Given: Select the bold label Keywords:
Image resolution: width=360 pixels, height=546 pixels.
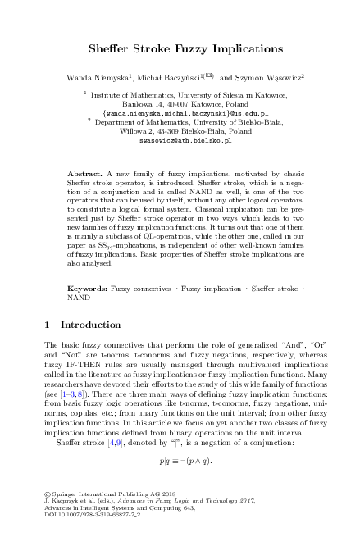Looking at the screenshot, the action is [x=87, y=266].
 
